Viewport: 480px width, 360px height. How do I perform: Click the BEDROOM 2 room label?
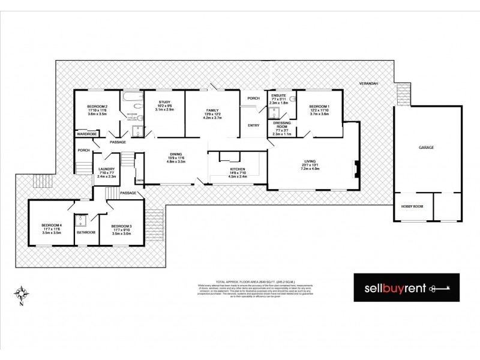click(97, 106)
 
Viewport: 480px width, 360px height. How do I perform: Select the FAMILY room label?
click(213, 111)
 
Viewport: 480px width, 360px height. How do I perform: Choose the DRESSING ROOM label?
click(281, 124)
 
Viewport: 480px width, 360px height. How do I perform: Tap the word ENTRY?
click(253, 125)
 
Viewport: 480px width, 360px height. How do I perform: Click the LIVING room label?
click(310, 161)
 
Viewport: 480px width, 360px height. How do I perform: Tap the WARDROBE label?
click(87, 133)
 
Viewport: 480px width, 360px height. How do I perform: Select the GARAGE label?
click(427, 147)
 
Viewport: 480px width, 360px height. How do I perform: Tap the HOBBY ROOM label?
click(412, 206)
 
